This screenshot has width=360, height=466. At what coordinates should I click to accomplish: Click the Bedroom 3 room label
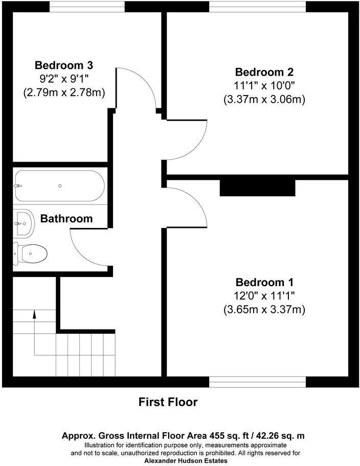point(64,65)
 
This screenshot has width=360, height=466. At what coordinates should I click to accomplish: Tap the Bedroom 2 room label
point(264,72)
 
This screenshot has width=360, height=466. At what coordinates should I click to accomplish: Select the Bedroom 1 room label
point(264,282)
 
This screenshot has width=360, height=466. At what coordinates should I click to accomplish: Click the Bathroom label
point(66,219)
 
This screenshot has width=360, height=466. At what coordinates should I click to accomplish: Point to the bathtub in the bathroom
point(59,186)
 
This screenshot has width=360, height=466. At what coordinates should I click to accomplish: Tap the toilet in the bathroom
point(31,252)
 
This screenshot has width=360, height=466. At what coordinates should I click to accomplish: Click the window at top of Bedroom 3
point(87,6)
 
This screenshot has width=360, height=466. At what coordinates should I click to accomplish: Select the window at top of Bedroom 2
point(257,6)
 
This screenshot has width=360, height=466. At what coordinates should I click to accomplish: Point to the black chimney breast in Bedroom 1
point(258,188)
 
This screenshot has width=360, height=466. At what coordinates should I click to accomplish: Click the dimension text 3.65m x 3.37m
point(264,310)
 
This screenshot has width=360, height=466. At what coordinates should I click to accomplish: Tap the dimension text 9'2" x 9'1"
point(64,79)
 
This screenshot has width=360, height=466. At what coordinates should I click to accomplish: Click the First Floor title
point(168,402)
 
